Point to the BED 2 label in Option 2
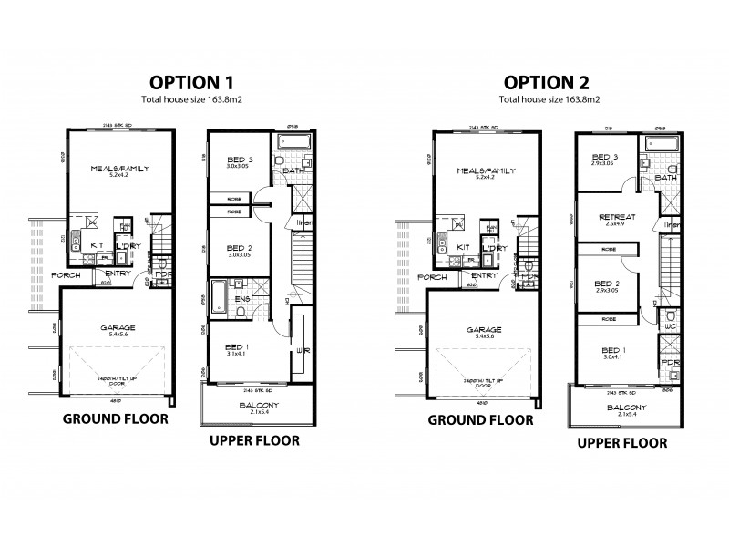pos(606,283)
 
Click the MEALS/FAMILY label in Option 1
pos(119,169)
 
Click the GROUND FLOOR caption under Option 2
pos(481,420)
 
